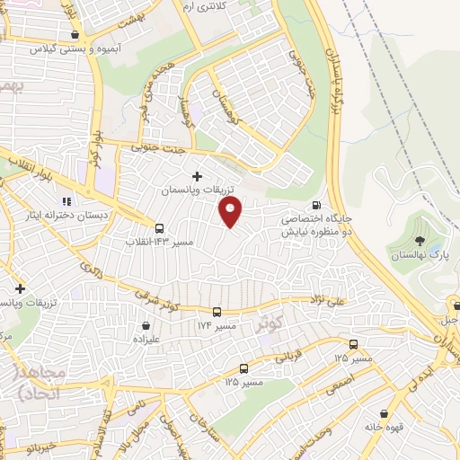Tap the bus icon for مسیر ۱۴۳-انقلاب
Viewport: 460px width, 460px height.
pos(160,228)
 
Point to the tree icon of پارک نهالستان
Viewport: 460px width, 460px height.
pos(420,240)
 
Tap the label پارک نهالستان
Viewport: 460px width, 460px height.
pos(419,257)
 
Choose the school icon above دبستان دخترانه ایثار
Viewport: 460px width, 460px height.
pos(66,201)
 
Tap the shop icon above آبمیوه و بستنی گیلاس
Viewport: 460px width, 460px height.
pos(74,35)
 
